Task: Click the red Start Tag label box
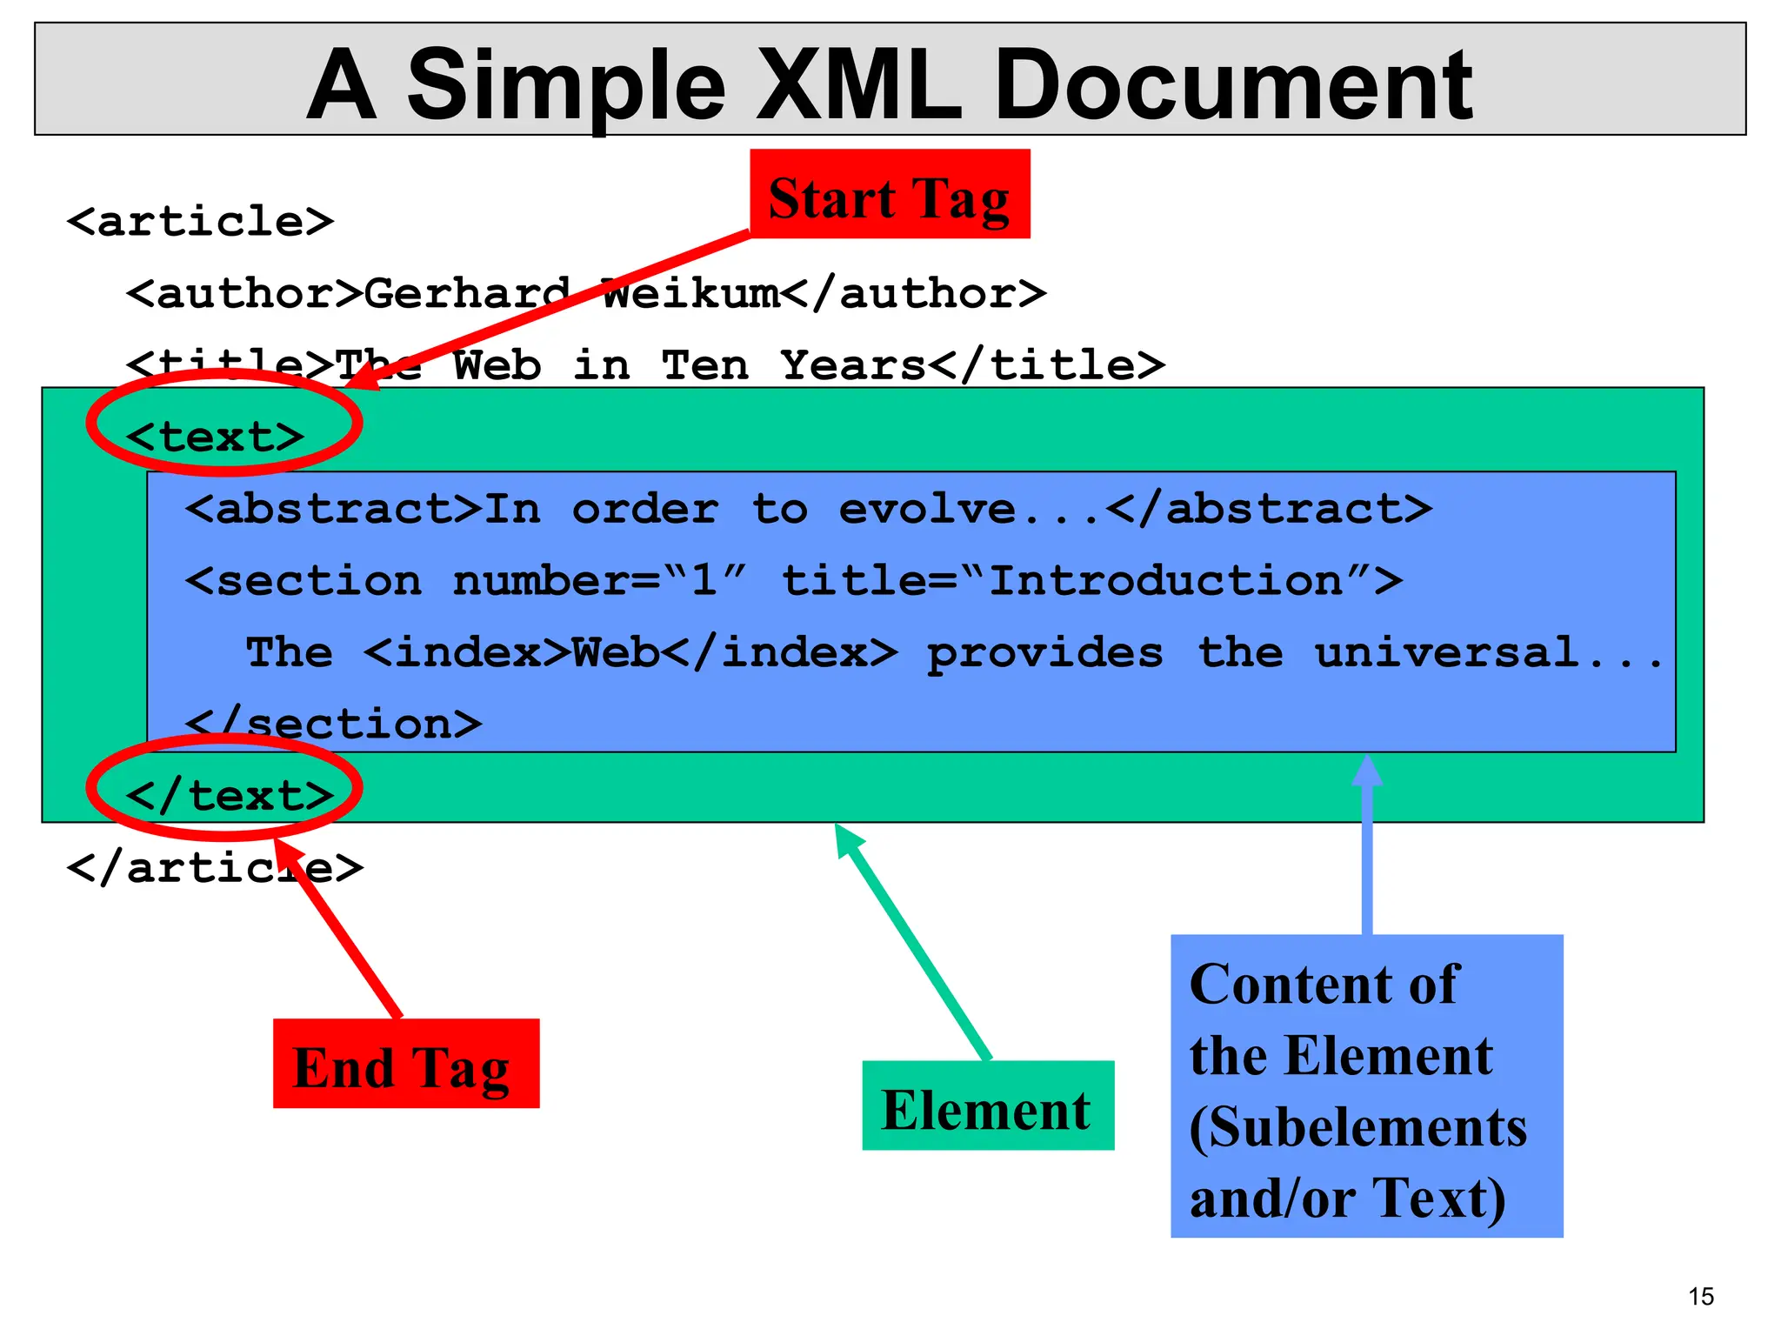coord(890,194)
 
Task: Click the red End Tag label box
coord(406,1064)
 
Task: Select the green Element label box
coord(988,1106)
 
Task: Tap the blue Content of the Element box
coord(1366,1086)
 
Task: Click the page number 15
coord(1701,1297)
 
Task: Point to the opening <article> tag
coord(200,222)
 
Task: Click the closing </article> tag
coord(214,868)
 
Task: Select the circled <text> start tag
coord(216,436)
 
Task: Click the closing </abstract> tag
coord(1269,509)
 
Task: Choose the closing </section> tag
coord(333,724)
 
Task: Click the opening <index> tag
coord(466,652)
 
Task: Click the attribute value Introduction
coord(1166,580)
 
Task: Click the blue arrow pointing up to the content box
coord(1367,844)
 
